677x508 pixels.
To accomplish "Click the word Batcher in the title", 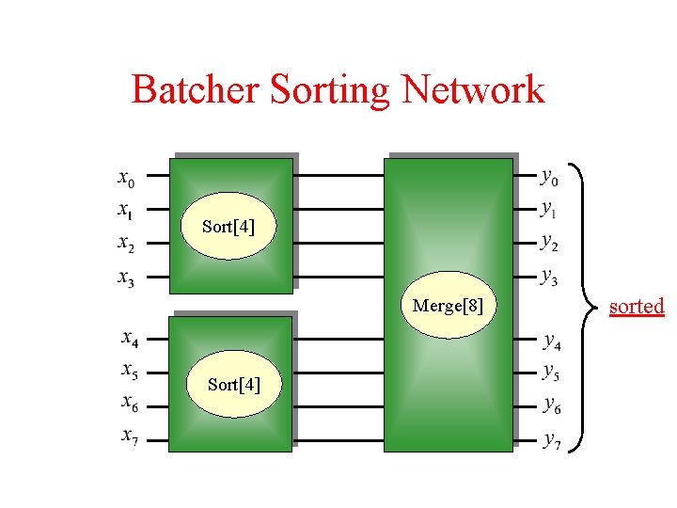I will pyautogui.click(x=197, y=90).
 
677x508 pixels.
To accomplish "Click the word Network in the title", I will pyautogui.click(x=473, y=90).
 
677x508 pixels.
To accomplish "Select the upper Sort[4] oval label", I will pyautogui.click(x=228, y=227).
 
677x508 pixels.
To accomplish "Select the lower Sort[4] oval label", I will pyautogui.click(x=234, y=384).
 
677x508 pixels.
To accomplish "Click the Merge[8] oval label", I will pyautogui.click(x=449, y=306).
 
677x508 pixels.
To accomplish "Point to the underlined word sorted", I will pyautogui.click(x=637, y=307).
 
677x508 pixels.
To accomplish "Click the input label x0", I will pyautogui.click(x=126, y=177).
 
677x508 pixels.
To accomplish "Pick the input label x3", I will pyautogui.click(x=126, y=278).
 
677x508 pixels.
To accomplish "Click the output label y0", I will pyautogui.click(x=549, y=176).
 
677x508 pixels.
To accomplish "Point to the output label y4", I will pyautogui.click(x=552, y=341).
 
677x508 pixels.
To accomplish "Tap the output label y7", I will pyautogui.click(x=552, y=440).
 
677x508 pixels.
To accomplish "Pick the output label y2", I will pyautogui.click(x=549, y=243).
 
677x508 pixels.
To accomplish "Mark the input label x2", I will pyautogui.click(x=126, y=244).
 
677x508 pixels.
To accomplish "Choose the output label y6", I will pyautogui.click(x=552, y=407).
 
